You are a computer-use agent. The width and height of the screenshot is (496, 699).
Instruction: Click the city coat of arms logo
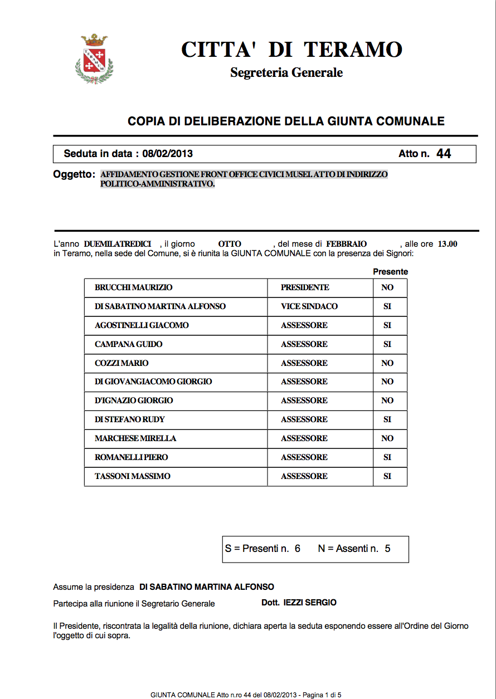pos(94,58)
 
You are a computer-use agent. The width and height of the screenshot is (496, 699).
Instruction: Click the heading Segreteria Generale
pos(286,72)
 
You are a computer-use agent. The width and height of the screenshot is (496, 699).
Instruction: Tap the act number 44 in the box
pos(444,154)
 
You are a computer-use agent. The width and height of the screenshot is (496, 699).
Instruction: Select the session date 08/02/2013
pos(168,154)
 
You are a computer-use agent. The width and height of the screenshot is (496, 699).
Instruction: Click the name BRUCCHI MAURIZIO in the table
pos(134,288)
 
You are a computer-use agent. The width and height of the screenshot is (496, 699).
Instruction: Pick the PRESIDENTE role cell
pos(305,288)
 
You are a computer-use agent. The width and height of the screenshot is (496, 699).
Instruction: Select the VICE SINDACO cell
pos(309,306)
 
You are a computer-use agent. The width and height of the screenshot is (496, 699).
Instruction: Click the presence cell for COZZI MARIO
pos(387,363)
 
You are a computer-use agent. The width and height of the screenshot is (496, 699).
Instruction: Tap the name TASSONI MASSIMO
pos(133,476)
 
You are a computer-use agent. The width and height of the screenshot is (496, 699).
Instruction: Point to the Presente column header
pos(390,272)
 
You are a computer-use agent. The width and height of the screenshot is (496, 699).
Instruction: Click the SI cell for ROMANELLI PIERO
pos(387,457)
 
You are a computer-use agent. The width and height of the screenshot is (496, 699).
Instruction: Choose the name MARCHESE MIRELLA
pos(135,438)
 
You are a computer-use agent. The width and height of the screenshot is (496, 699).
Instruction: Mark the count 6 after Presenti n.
pos(298,549)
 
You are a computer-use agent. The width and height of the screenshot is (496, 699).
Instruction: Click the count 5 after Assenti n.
pos(387,549)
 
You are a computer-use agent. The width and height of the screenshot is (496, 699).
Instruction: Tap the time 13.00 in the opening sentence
pos(448,244)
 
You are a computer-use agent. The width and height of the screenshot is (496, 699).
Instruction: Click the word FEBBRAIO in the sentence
pos(347,244)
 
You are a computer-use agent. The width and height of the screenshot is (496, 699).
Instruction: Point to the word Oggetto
pos(74,174)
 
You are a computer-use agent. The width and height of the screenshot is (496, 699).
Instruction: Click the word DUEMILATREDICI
pos(118,244)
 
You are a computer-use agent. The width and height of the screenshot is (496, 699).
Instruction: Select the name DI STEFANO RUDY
pos(130,419)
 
